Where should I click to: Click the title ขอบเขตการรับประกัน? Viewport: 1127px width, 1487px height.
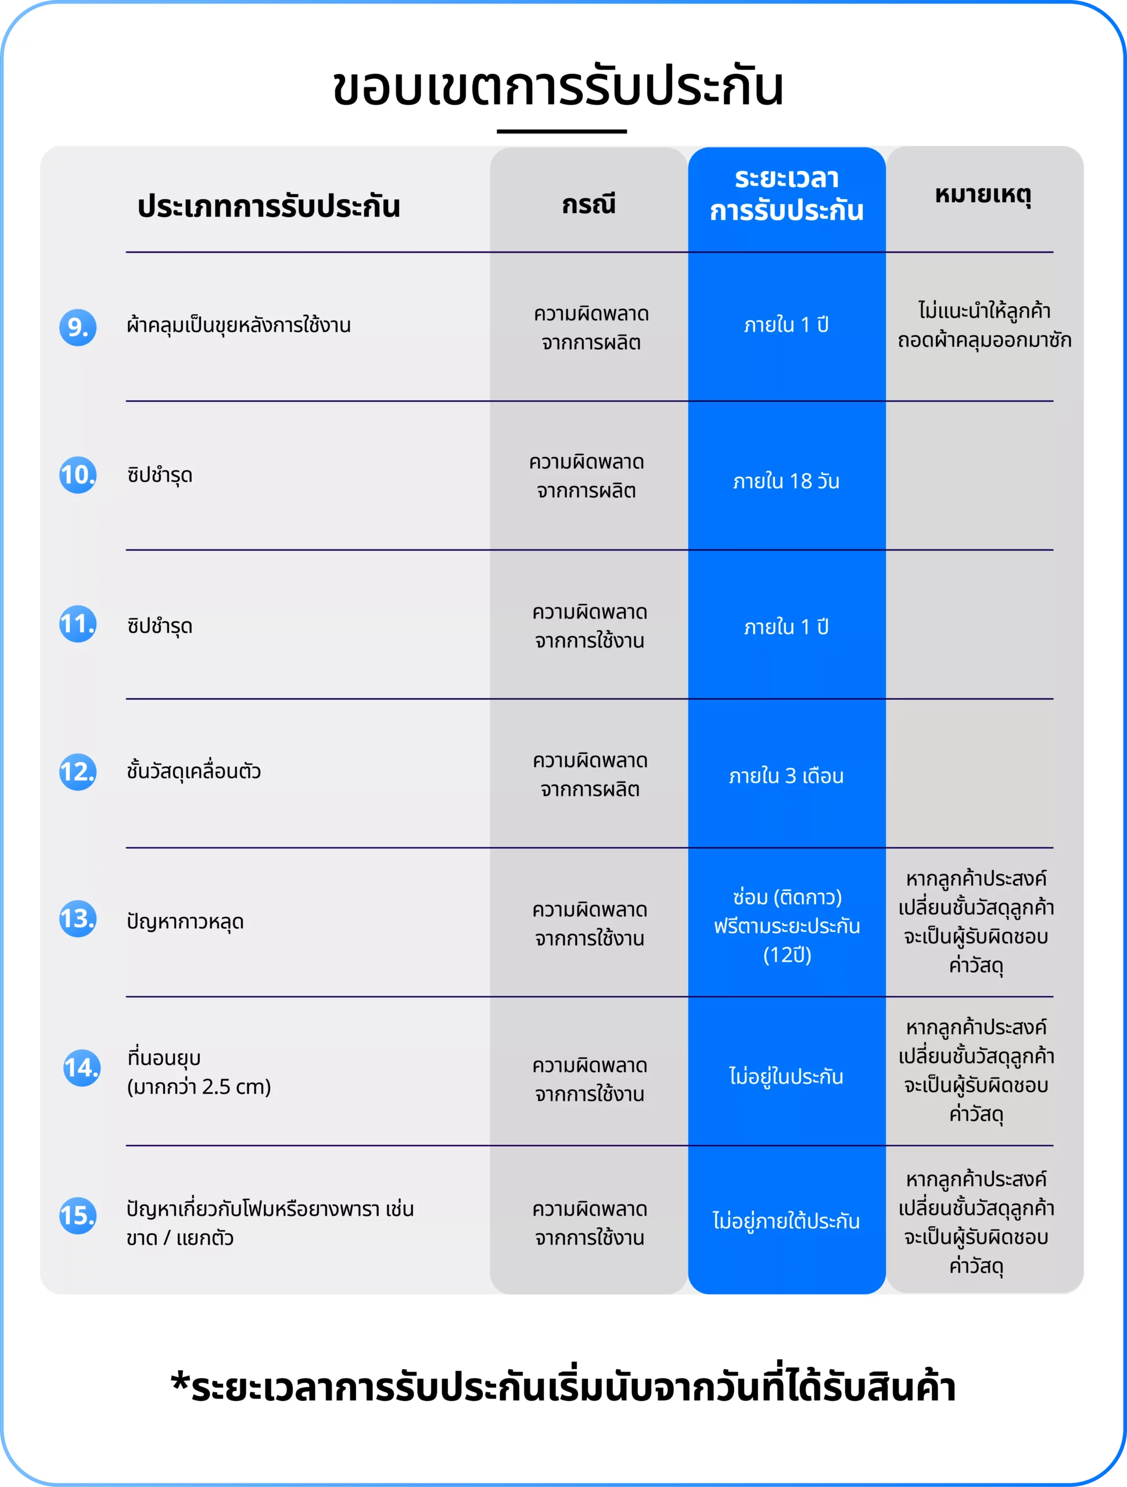(x=558, y=87)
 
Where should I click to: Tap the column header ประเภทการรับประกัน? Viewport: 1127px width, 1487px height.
(x=269, y=206)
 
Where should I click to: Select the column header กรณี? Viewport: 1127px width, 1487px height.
(x=589, y=204)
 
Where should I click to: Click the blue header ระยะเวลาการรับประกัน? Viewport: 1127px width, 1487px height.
(x=787, y=195)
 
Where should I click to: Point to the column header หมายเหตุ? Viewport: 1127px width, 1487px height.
(x=983, y=195)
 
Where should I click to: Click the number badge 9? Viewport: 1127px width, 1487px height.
(x=78, y=328)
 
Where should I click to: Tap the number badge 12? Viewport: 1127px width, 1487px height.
(x=78, y=772)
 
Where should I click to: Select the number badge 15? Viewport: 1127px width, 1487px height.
(x=78, y=1215)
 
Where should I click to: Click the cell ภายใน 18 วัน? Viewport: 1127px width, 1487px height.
(x=787, y=482)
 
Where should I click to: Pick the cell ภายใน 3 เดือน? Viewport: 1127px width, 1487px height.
(x=787, y=777)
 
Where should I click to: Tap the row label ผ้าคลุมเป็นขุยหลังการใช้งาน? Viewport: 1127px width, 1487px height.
(x=239, y=326)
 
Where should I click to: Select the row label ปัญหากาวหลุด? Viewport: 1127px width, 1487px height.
(x=185, y=922)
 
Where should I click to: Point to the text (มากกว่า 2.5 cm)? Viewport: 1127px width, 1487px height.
(x=199, y=1087)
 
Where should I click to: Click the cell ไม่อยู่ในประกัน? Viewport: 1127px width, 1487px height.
(x=787, y=1077)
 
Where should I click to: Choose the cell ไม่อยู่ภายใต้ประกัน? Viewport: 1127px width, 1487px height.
(x=787, y=1222)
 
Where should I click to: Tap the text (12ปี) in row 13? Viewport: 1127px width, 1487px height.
(x=787, y=956)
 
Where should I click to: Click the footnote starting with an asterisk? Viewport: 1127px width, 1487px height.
(x=563, y=1388)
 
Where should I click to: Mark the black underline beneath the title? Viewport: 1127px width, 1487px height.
(x=562, y=132)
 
